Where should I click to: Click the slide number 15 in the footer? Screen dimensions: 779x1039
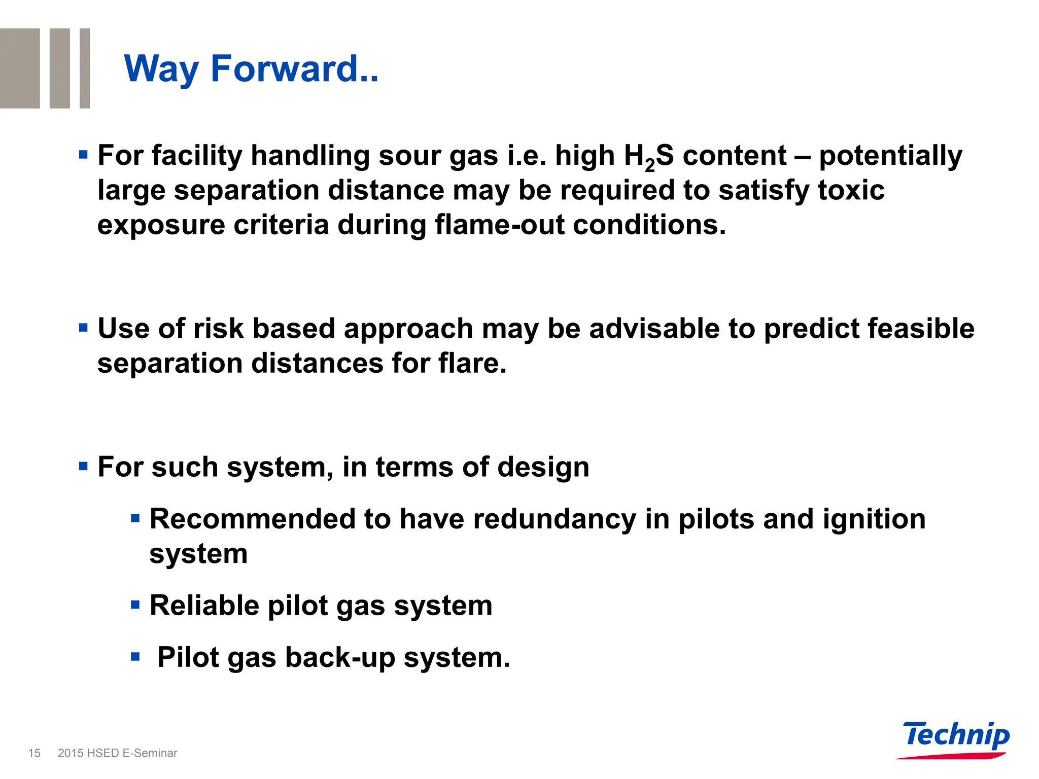click(34, 753)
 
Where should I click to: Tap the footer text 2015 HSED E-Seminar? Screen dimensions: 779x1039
click(118, 753)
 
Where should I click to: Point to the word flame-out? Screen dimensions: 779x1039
click(499, 225)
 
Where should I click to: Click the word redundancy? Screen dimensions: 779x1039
click(555, 519)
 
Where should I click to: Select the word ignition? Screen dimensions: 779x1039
click(874, 519)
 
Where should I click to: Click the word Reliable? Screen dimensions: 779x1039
click(204, 606)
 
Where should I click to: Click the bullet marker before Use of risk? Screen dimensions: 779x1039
click(84, 328)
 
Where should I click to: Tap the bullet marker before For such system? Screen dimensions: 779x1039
click(84, 466)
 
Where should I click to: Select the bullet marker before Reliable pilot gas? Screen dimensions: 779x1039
click(135, 605)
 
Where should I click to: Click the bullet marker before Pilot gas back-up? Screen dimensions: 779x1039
click(135, 657)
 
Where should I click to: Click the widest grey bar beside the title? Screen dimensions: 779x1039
click(20, 68)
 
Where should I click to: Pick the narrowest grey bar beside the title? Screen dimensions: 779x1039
click(85, 68)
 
